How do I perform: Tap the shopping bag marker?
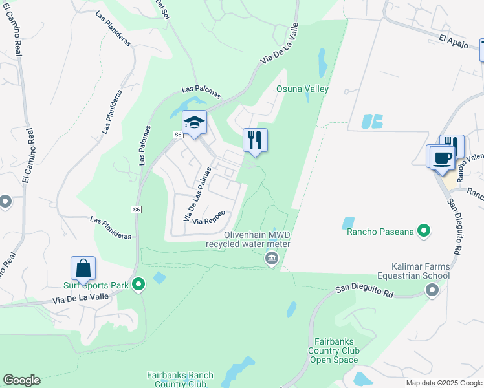click(x=83, y=268)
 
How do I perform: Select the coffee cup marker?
click(x=443, y=157)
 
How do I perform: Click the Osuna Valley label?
click(x=303, y=89)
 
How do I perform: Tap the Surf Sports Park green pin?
click(x=138, y=284)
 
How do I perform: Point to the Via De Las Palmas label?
click(x=198, y=193)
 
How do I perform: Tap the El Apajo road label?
click(x=452, y=39)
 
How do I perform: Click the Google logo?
click(x=21, y=380)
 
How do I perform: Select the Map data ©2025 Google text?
click(x=444, y=383)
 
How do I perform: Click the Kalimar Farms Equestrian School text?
click(x=412, y=271)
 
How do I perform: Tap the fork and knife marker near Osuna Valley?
click(x=255, y=140)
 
